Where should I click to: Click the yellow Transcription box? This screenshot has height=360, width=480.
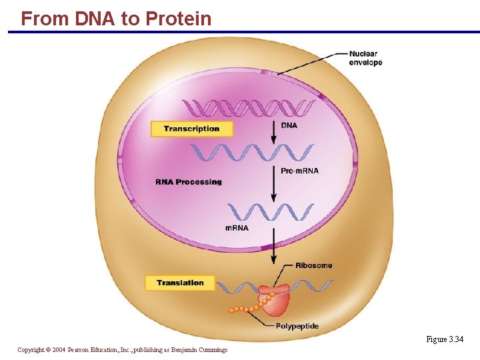(191, 129)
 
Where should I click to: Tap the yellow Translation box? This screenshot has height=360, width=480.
(180, 283)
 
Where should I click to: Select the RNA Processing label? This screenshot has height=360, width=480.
(189, 182)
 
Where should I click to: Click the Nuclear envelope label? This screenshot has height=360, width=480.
(365, 58)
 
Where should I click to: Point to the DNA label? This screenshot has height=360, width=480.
(289, 125)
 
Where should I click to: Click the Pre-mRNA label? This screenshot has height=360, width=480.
(299, 171)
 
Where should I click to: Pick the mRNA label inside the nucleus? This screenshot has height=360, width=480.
(237, 228)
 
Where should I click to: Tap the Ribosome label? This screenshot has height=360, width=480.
(313, 265)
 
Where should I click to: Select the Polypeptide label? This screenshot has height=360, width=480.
(297, 326)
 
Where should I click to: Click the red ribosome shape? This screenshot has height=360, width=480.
(275, 301)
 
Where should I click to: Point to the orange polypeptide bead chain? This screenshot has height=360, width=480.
(247, 309)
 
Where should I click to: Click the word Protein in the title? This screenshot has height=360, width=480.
(178, 19)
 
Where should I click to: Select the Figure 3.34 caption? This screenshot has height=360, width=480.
(445, 339)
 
